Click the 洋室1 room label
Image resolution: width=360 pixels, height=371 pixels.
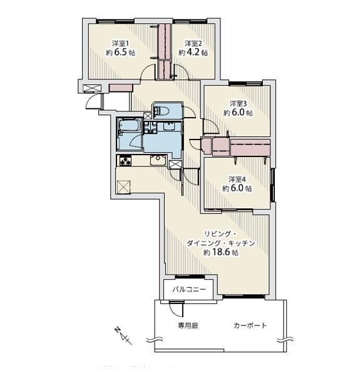coord(121,43)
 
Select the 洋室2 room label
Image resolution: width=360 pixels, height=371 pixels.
coord(192,43)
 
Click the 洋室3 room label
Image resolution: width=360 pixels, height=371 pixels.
coord(237,103)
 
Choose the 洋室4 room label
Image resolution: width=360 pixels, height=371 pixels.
coord(237,178)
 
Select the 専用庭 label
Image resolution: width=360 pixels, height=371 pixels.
coord(187,326)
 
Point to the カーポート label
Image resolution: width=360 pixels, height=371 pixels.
coord(250,326)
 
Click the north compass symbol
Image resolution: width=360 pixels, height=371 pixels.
coord(121,335)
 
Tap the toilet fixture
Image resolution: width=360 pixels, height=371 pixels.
coord(159,111)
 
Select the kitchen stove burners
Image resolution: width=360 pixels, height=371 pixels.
coord(124,161)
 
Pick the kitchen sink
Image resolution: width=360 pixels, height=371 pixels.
coord(157,161)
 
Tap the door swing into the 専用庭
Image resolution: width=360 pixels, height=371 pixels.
coord(176,309)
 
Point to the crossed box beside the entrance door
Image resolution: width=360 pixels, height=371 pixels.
coord(91,89)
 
